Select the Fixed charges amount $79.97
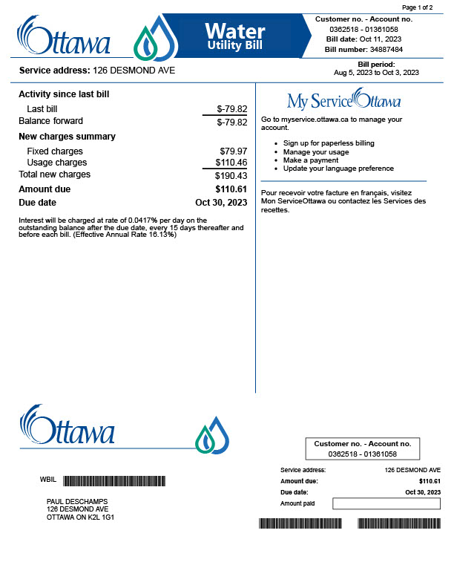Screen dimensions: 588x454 tap(234, 151)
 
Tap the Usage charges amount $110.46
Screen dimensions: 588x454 tap(231, 163)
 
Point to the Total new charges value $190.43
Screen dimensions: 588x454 tap(231, 176)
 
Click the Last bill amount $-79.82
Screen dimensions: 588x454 tap(231, 109)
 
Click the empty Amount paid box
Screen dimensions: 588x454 tap(386, 503)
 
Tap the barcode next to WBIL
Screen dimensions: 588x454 tap(114, 480)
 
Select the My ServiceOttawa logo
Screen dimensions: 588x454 tap(343, 100)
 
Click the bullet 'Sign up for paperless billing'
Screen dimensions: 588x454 tap(329, 143)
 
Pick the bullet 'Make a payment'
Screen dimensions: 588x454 tap(310, 160)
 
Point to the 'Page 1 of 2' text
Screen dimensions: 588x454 tap(417, 7)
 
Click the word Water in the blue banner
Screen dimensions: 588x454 tap(234, 30)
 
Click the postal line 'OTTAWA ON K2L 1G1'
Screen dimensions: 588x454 tap(80, 517)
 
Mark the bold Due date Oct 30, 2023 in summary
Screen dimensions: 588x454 tap(220, 202)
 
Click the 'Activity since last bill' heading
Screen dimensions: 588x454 tap(64, 94)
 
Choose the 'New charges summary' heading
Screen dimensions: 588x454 tap(67, 137)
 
